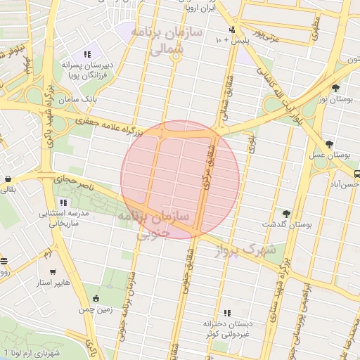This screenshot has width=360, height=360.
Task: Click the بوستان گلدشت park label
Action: point(287,225)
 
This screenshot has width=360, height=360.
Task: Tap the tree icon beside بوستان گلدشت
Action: point(285,213)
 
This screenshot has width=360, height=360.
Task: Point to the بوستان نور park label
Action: point(333,101)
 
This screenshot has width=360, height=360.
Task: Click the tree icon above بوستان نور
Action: point(336,88)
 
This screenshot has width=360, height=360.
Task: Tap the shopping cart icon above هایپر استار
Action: point(53,271)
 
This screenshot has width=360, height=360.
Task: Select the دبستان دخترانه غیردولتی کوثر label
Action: point(227,328)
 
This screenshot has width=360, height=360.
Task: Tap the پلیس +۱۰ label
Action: point(233,41)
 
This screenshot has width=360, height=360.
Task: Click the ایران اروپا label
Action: point(200,11)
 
